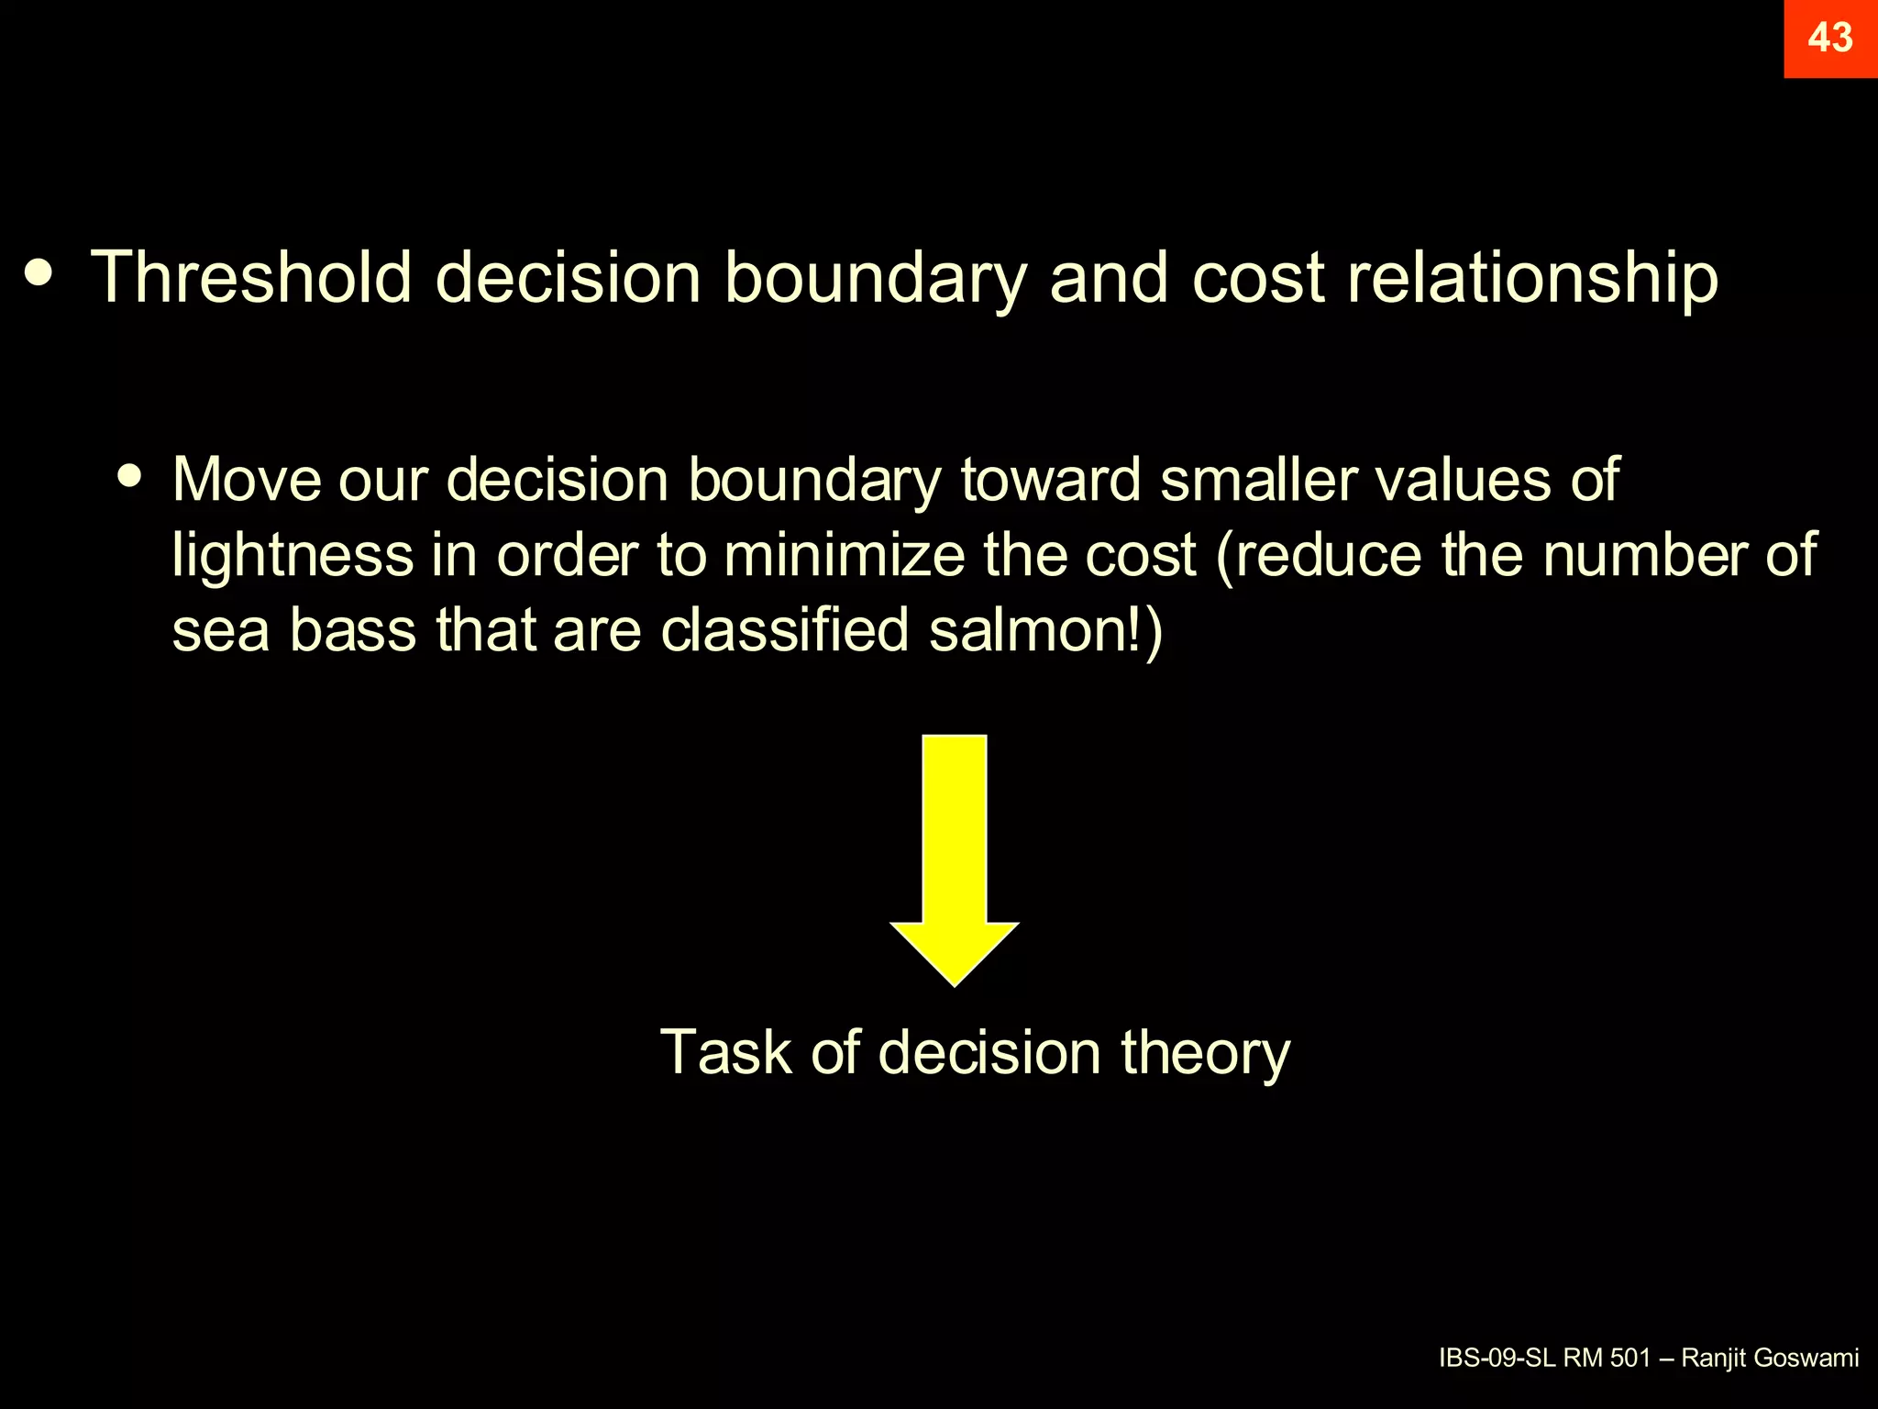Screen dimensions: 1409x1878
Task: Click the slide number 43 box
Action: (x=1830, y=39)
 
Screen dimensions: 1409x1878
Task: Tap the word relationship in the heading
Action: (x=1532, y=277)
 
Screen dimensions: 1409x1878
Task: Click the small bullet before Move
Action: (x=131, y=476)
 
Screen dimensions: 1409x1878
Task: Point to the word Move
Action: (x=247, y=479)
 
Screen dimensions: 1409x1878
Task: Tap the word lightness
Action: (x=293, y=555)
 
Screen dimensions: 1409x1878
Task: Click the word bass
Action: (x=353, y=630)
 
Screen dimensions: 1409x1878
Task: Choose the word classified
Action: (x=785, y=630)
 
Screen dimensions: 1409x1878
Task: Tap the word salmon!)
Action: (x=1045, y=630)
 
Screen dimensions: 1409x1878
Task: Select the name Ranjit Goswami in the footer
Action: (x=1770, y=1358)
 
